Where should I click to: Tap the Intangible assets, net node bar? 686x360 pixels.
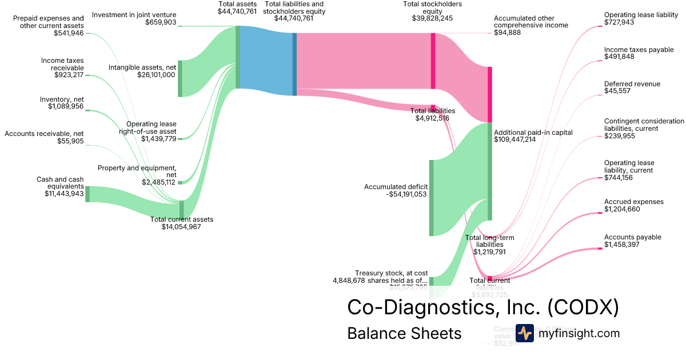click(180, 78)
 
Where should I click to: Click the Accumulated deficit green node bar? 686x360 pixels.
click(431, 198)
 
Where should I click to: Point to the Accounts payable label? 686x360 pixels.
click(632, 237)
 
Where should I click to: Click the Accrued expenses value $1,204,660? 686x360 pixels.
click(622, 209)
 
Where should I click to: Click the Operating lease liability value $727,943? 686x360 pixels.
click(620, 22)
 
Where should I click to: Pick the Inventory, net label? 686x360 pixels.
click(62, 99)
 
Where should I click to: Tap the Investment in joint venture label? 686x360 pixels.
click(134, 14)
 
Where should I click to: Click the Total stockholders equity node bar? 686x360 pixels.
click(433, 61)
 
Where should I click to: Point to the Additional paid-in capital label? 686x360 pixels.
click(533, 133)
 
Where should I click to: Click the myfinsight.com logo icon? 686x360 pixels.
click(524, 333)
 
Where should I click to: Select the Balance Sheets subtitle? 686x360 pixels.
click(404, 333)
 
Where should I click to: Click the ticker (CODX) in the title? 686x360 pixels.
click(583, 307)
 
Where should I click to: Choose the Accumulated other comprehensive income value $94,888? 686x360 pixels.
click(508, 33)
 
